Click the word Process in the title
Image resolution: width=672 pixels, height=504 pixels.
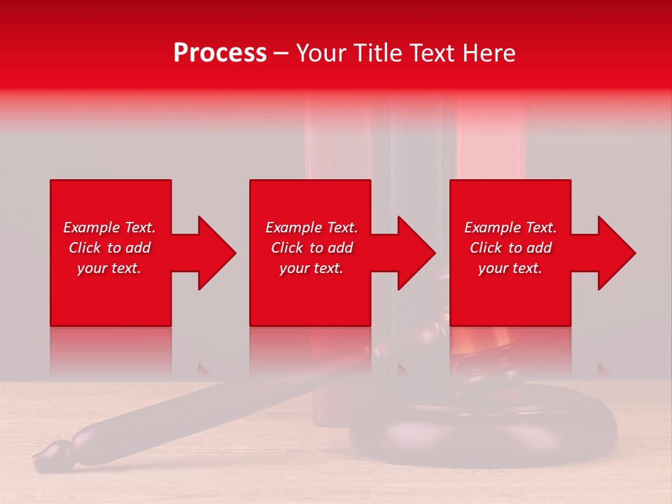pos(220,53)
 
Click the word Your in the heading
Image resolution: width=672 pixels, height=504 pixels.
pos(323,53)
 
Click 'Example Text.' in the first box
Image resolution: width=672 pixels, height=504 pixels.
pos(109,227)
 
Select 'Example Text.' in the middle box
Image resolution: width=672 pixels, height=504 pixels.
pos(311,227)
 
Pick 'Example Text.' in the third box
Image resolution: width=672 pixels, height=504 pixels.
pos(510,227)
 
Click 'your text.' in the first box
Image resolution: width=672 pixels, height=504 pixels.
pos(109,268)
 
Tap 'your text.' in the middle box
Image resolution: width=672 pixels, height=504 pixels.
pos(311,268)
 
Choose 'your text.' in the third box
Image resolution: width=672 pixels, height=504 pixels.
pos(510,268)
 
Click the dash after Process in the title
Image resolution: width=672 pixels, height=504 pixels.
pos(281,53)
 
